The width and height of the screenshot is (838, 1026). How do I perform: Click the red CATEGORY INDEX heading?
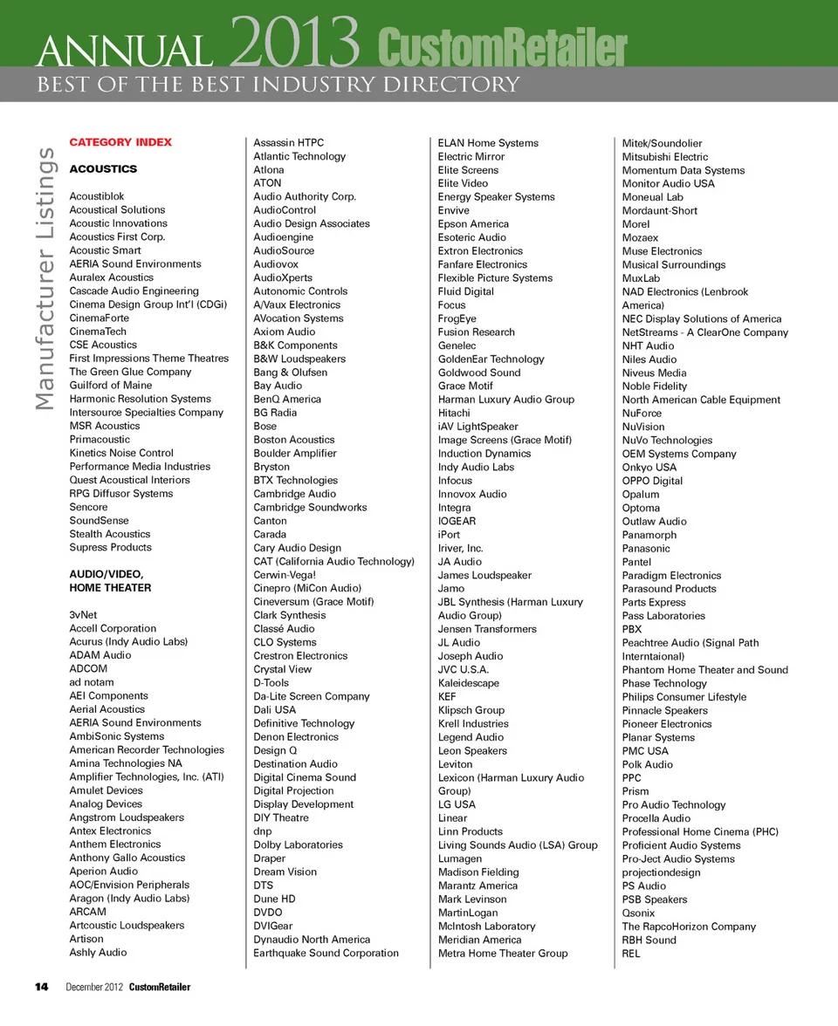(x=120, y=142)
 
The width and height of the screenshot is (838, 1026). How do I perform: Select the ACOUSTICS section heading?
(x=103, y=168)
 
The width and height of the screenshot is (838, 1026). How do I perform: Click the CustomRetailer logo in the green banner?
(x=503, y=48)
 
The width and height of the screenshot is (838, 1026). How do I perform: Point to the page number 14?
(x=41, y=987)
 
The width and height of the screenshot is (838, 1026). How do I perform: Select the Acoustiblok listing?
(x=97, y=196)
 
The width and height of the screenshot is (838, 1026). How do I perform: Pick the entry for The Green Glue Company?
(x=130, y=372)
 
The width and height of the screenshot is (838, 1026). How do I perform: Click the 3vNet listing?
(x=83, y=614)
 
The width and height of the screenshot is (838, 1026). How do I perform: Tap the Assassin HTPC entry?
(x=288, y=142)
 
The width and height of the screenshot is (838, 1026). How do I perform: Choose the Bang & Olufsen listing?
(x=290, y=372)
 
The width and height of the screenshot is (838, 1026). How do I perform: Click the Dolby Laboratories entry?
(x=298, y=845)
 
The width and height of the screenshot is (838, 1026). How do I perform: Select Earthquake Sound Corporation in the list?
(x=326, y=953)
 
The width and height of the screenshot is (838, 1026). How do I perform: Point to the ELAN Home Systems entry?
(x=488, y=143)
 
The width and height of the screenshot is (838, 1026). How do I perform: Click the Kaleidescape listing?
(x=468, y=683)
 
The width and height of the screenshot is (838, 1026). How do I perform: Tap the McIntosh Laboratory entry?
(x=486, y=926)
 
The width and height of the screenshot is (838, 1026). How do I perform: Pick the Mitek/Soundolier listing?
(x=662, y=143)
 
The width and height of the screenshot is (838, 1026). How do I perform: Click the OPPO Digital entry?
(x=652, y=481)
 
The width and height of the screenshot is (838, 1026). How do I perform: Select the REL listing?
(x=631, y=954)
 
